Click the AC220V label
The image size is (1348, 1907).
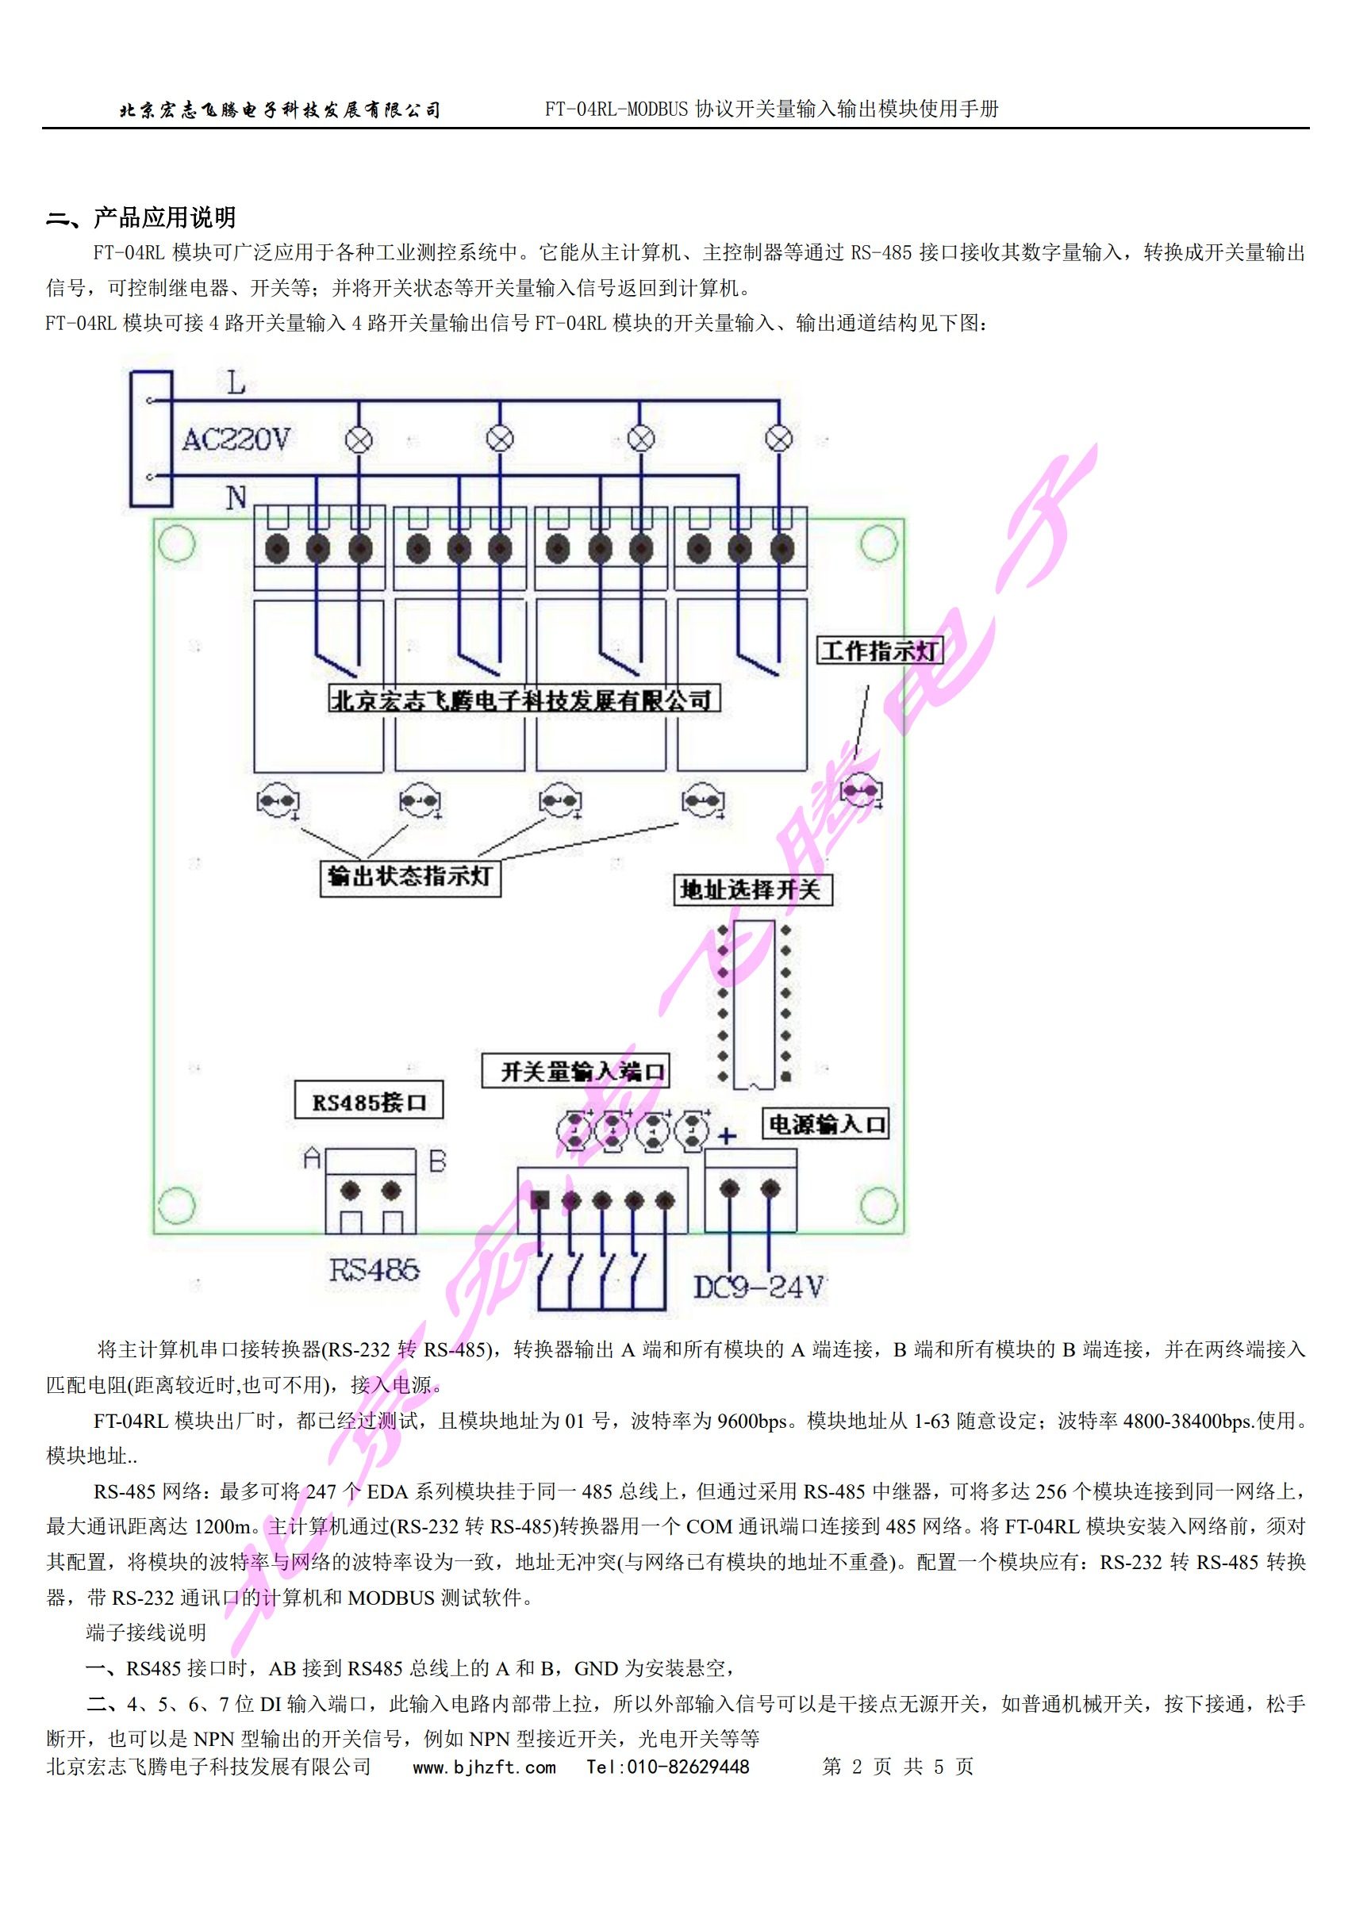tap(236, 439)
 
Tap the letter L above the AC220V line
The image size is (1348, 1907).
tap(236, 384)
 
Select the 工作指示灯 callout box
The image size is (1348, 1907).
tap(879, 650)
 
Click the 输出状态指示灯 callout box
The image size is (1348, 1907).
tap(410, 877)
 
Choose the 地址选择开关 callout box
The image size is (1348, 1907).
tap(751, 889)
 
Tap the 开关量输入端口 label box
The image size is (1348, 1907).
tap(575, 1071)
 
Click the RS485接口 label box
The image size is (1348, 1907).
tap(369, 1102)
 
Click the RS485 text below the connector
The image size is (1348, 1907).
tap(374, 1270)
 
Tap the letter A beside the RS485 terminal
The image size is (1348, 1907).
tap(313, 1159)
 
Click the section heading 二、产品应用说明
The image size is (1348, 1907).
tap(141, 217)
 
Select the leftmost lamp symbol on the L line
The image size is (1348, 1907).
tap(359, 439)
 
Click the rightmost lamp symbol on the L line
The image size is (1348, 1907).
tap(778, 439)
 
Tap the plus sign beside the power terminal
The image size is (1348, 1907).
tap(727, 1136)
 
